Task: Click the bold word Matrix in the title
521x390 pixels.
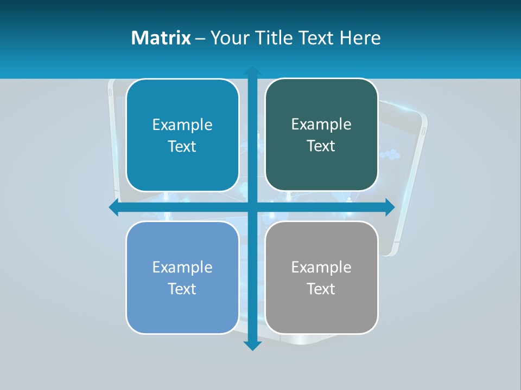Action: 161,38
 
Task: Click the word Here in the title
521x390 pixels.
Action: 360,38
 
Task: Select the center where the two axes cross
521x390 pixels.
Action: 252,207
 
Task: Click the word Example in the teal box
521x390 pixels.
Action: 182,125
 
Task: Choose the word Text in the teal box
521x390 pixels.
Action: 182,146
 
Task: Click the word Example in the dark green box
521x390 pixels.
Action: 321,125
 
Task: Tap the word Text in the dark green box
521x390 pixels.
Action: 321,146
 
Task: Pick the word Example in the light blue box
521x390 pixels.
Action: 182,267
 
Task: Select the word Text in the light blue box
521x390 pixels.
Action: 182,289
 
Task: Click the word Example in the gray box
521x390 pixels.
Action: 321,267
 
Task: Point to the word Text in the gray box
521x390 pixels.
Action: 321,289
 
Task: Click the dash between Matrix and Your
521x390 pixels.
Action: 200,38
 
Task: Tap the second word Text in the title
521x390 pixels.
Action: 315,38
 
